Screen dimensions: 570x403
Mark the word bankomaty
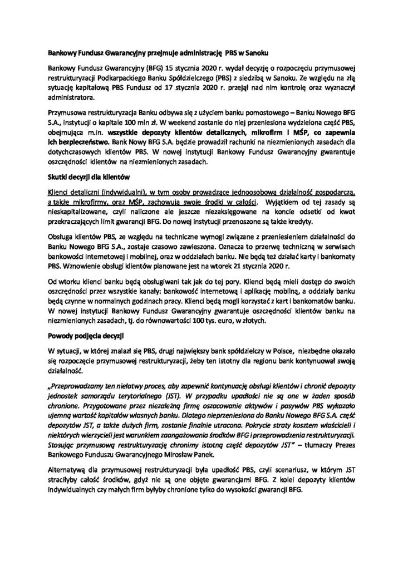pos(342,258)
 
